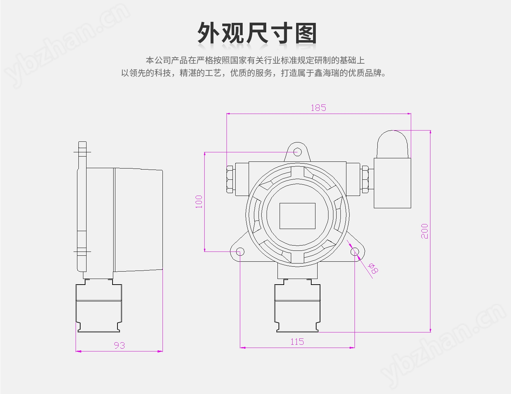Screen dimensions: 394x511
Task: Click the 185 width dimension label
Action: point(318,108)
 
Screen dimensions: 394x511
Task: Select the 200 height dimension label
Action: point(424,231)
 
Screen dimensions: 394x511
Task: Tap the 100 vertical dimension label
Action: point(199,202)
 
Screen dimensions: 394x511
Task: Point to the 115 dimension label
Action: point(297,342)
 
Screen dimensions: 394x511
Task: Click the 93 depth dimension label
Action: point(120,345)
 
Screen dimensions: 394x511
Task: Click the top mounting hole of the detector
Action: point(298,152)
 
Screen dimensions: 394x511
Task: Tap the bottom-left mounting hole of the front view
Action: point(240,252)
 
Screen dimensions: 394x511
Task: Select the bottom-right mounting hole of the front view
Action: point(354,252)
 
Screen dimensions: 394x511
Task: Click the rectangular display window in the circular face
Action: point(298,216)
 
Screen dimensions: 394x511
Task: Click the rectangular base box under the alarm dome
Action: point(392,183)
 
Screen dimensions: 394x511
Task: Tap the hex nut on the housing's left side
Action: point(230,179)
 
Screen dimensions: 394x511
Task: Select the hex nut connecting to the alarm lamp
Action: point(365,179)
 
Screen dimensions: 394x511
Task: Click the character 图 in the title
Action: point(306,33)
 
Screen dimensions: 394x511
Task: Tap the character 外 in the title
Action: point(210,33)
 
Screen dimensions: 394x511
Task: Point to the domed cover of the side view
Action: point(139,220)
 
